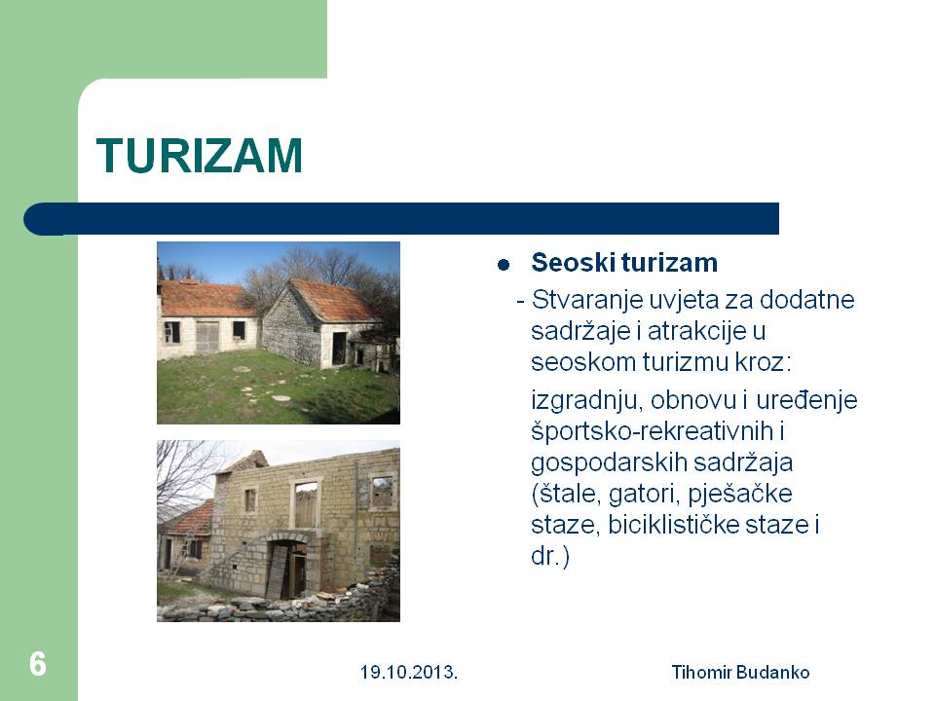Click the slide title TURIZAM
pos(199,156)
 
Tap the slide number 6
pos(38,664)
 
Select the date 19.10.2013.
pos(408,673)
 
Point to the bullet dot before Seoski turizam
pos(504,265)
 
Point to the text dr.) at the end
pos(549,556)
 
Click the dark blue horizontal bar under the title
pos(401,219)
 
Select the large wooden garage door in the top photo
pos(208,337)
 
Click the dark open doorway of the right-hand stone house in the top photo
pos(339,349)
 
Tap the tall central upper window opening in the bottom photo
pos(305,504)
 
